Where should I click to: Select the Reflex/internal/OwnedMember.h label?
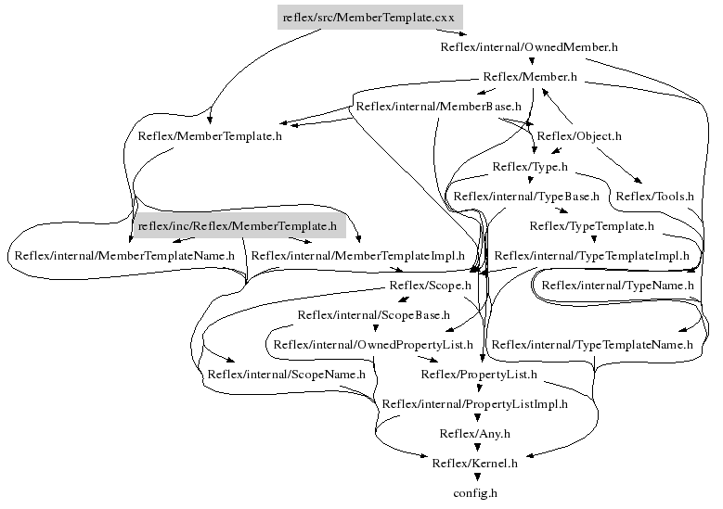[529, 45]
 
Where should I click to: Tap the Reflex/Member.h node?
[530, 77]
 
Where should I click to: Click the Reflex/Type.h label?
[529, 167]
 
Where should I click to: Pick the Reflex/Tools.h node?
[654, 196]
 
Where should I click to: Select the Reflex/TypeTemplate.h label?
[591, 225]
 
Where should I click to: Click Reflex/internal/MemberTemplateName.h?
[123, 255]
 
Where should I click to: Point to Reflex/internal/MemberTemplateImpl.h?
[357, 255]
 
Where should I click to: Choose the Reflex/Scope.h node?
[431, 286]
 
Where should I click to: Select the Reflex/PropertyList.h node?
[478, 375]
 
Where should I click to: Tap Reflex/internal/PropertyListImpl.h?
[474, 404]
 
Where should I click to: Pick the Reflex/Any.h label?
[474, 433]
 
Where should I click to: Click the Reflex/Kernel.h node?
[474, 463]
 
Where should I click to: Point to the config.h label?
[475, 492]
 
